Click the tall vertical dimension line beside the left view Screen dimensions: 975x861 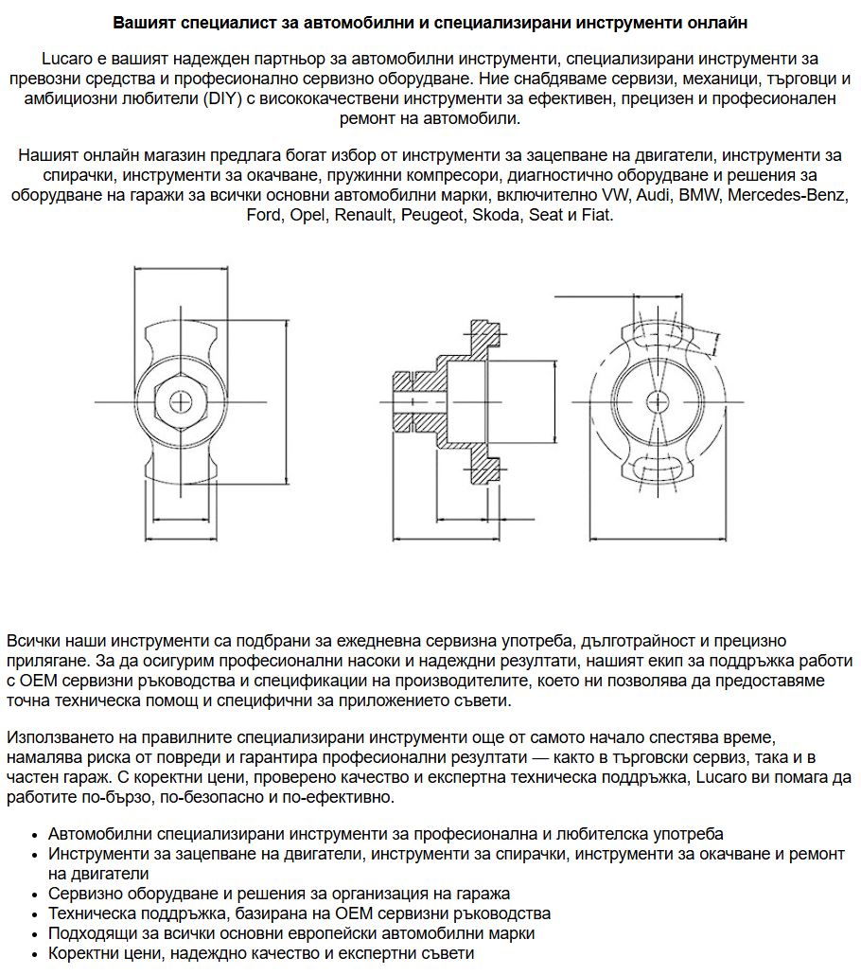coord(286,401)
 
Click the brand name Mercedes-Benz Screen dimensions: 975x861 coord(790,196)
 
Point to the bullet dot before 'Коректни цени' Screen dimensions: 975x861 coord(35,954)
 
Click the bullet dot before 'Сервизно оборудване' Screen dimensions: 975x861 coord(35,895)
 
